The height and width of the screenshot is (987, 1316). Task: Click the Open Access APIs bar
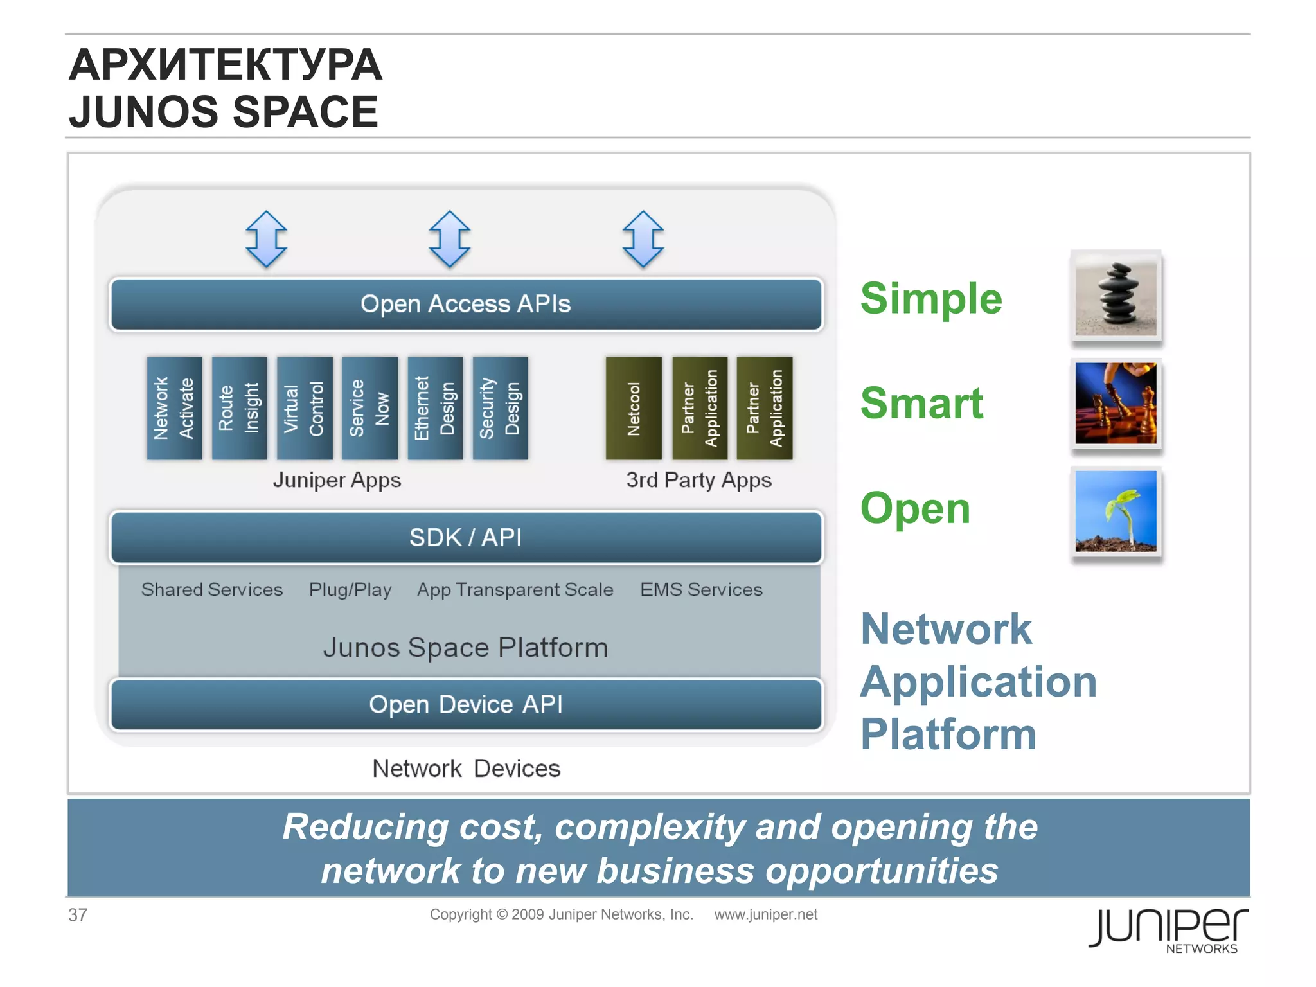(x=466, y=304)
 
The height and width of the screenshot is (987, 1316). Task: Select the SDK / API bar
(x=466, y=537)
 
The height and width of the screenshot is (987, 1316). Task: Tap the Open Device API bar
(x=466, y=704)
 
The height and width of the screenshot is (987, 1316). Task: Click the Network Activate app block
(x=174, y=408)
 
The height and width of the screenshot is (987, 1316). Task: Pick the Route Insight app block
(x=239, y=408)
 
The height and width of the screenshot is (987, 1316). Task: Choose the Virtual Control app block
(x=305, y=408)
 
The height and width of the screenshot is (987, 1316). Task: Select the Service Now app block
(x=369, y=408)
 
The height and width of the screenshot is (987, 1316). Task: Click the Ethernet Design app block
(x=435, y=408)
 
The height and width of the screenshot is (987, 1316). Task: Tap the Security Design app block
(x=500, y=408)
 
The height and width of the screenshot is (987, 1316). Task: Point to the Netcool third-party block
(x=634, y=408)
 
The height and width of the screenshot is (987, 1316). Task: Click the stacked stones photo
(x=1116, y=296)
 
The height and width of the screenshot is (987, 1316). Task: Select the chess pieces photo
(x=1116, y=404)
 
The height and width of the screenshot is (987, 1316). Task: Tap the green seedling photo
(x=1116, y=511)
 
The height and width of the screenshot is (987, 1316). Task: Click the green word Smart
(x=921, y=404)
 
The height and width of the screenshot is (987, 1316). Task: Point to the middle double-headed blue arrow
(x=450, y=239)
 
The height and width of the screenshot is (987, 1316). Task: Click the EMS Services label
(x=701, y=589)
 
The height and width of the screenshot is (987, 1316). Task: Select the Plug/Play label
(x=350, y=589)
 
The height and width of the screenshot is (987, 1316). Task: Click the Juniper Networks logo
(x=1168, y=929)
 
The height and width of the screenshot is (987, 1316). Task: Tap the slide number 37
(x=78, y=914)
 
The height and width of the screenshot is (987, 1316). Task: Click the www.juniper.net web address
(x=765, y=914)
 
